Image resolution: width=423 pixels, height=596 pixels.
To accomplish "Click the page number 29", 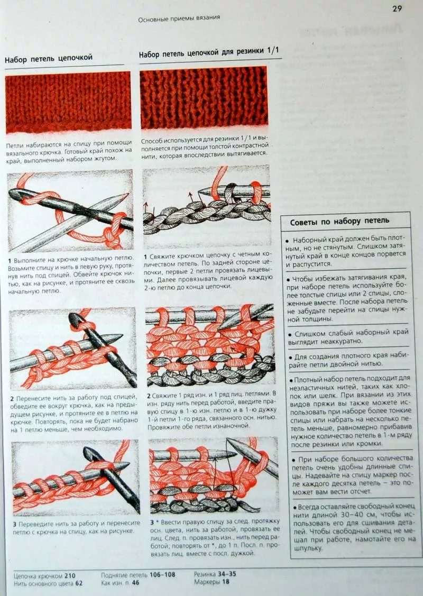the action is click(397, 8).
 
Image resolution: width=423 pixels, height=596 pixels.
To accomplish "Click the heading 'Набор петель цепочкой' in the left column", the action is click(49, 58).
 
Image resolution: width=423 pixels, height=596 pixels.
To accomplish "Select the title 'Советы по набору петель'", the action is click(339, 221).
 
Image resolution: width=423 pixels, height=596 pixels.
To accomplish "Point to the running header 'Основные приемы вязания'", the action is click(179, 18).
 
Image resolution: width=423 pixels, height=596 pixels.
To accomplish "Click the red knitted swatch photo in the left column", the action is click(68, 102).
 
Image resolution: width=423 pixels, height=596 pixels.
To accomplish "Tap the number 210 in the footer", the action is click(70, 575).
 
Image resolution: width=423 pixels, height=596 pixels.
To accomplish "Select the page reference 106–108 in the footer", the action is click(162, 574).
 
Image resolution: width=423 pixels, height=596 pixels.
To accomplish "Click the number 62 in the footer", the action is click(79, 583).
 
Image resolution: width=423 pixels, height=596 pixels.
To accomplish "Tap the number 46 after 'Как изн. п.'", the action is click(135, 582).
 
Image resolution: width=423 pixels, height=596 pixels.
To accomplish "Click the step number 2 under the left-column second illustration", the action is click(12, 399).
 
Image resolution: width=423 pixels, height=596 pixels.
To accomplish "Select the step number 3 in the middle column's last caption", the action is click(152, 522).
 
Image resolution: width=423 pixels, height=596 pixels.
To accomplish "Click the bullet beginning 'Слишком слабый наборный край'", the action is click(347, 337).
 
